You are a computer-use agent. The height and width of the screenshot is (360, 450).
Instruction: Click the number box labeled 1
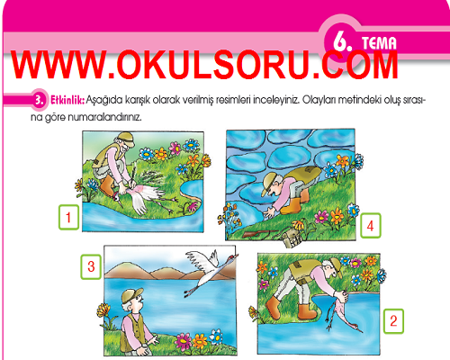coord(68,217)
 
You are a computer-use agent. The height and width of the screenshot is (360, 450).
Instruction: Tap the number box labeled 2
coord(393,321)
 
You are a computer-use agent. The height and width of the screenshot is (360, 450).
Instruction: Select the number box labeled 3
coord(91,266)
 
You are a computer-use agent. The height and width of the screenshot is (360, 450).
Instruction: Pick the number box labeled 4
coord(371,226)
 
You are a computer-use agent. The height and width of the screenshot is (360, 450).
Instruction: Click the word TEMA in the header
coord(379,43)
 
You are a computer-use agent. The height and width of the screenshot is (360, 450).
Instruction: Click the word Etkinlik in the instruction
coord(67,100)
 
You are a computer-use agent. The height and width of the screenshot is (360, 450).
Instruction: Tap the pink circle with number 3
coord(40,100)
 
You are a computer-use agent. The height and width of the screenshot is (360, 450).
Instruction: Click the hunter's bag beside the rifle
coord(292,237)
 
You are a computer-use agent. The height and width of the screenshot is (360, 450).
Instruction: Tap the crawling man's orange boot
coord(291,205)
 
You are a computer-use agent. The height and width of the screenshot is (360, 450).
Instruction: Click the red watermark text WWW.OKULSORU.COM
coord(205,65)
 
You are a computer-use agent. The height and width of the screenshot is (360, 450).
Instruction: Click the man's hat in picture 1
coord(126,139)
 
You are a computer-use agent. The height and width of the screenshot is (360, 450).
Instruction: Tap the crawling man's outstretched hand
coord(270,212)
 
